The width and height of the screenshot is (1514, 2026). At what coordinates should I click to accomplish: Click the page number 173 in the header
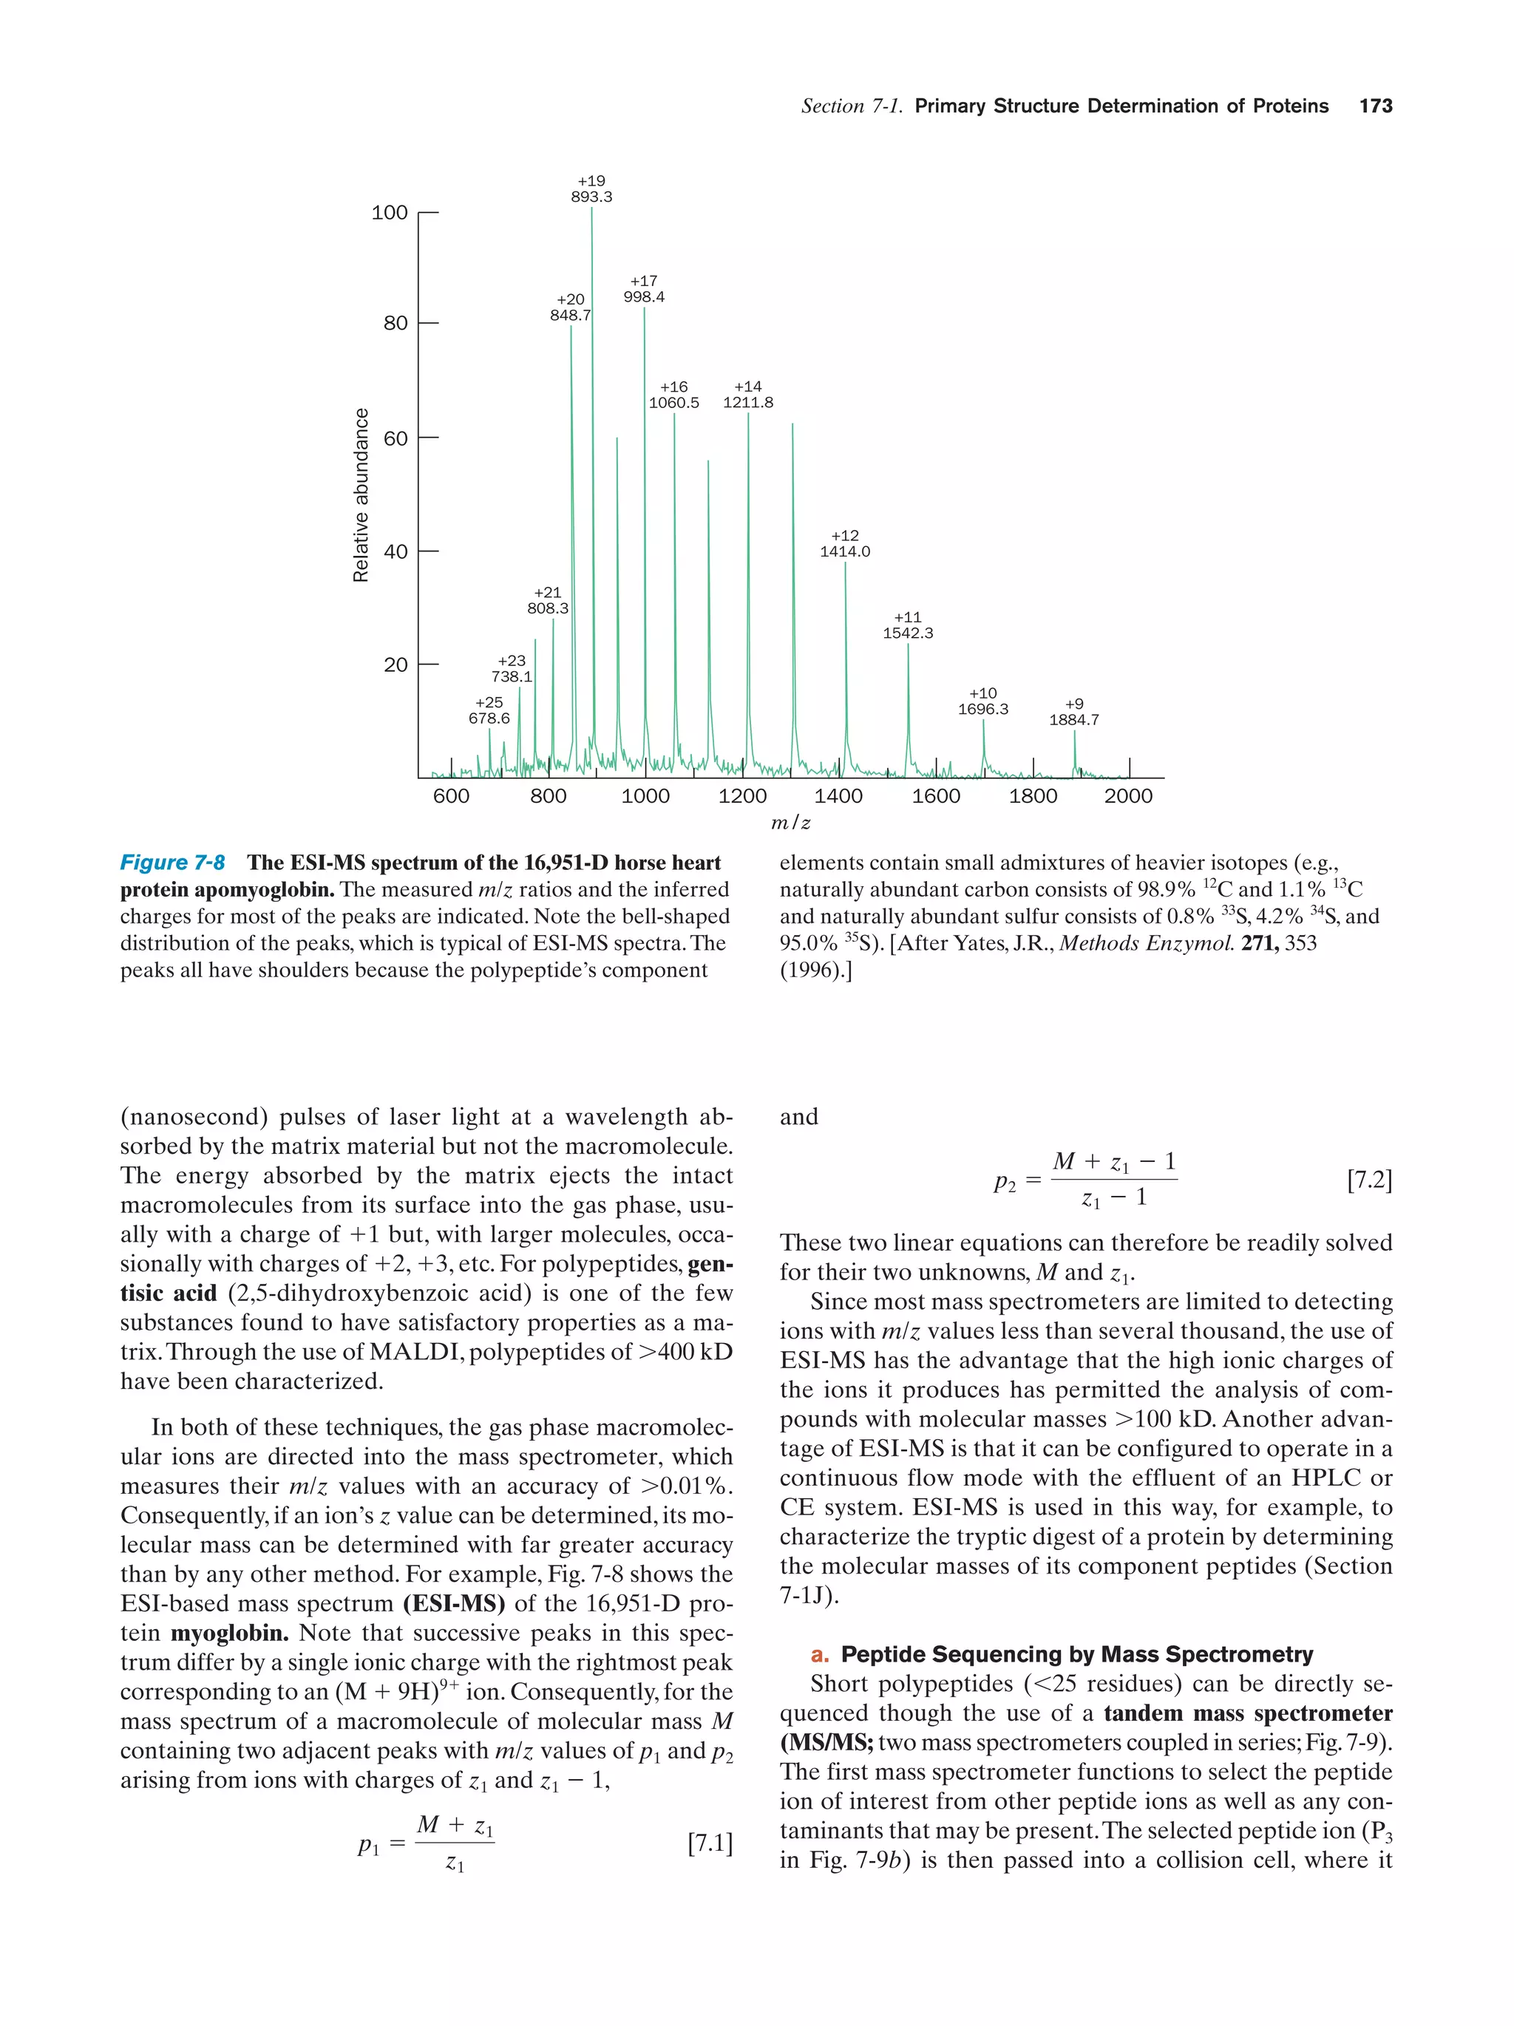click(1375, 106)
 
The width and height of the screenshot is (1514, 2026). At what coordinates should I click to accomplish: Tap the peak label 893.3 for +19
click(591, 197)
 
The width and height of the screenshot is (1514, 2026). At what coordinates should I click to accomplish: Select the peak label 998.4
click(644, 296)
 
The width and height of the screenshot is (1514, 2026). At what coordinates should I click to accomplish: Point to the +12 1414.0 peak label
click(844, 544)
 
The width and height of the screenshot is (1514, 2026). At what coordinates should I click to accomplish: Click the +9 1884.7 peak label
click(1073, 712)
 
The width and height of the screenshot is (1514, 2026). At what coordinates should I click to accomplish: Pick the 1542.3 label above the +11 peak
click(908, 633)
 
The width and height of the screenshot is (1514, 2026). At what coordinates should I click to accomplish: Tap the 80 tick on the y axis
click(396, 323)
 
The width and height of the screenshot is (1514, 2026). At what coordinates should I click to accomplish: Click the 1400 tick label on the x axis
click(838, 796)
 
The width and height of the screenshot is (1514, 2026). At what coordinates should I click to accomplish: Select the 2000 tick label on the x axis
click(1127, 796)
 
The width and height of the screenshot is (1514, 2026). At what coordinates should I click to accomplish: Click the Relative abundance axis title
click(361, 494)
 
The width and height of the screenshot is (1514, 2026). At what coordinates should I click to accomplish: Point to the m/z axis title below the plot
click(790, 823)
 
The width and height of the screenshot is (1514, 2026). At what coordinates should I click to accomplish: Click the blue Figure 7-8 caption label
click(172, 863)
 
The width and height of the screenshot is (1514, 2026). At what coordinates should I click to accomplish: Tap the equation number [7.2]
click(1368, 1180)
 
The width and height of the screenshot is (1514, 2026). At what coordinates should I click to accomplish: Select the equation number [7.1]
click(710, 1843)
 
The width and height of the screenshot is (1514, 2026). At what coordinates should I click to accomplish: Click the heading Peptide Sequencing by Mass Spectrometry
click(1076, 1654)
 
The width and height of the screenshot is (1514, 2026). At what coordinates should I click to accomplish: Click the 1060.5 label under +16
click(673, 403)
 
